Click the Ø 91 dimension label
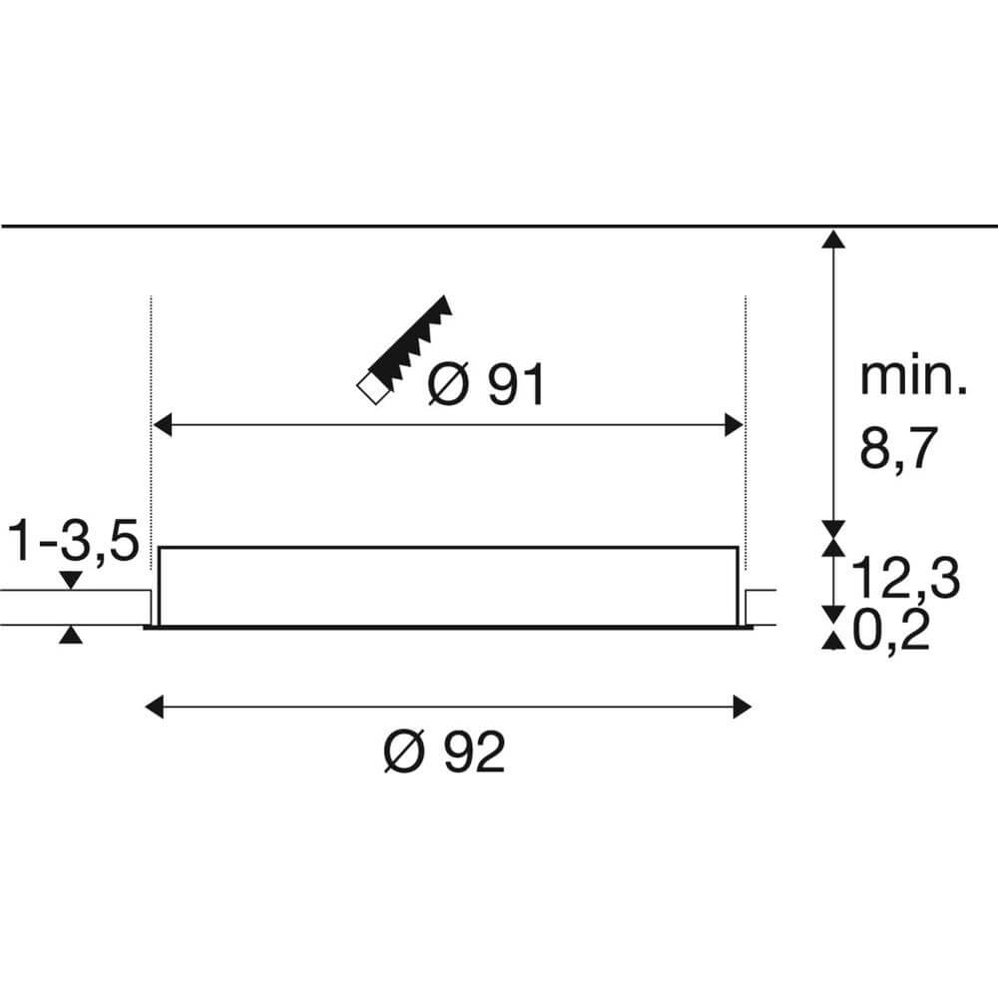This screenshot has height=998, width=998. pos(487,385)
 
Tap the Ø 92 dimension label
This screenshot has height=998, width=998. pos(445,752)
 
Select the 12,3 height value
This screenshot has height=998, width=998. pos(906,578)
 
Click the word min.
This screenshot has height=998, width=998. pos(912,379)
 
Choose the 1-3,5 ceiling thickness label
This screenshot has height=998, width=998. pos(71,545)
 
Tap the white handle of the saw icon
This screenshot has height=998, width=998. pos(370,386)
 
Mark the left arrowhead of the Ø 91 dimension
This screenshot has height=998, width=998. pos(160,427)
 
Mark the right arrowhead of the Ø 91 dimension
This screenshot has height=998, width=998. pos(735,427)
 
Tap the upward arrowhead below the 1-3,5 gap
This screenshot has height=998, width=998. pos(69,635)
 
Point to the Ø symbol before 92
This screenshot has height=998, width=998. pos(404,752)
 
